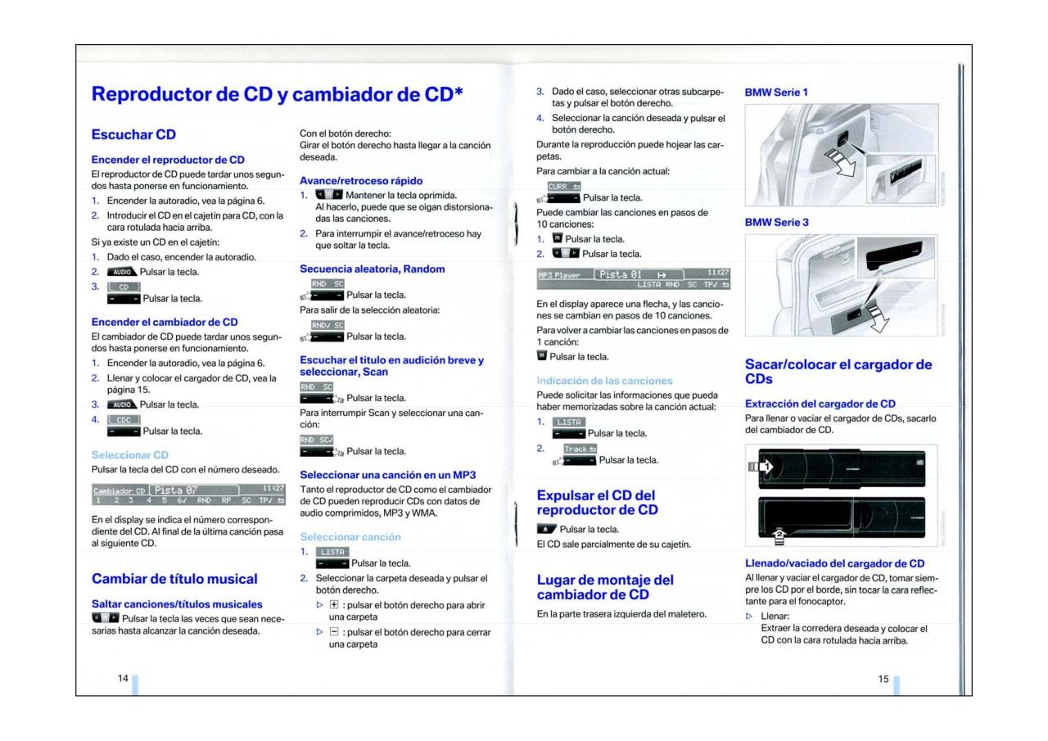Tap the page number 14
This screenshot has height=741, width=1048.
(x=123, y=679)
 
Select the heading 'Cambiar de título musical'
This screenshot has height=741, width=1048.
(x=174, y=580)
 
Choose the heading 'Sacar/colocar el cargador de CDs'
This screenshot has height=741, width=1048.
(x=837, y=372)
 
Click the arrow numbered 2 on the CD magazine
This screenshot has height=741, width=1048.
(x=780, y=534)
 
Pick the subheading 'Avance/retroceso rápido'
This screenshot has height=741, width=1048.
(x=361, y=179)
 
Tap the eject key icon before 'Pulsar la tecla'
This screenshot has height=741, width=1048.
(x=545, y=529)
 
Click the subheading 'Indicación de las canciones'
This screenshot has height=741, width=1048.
(x=603, y=380)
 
